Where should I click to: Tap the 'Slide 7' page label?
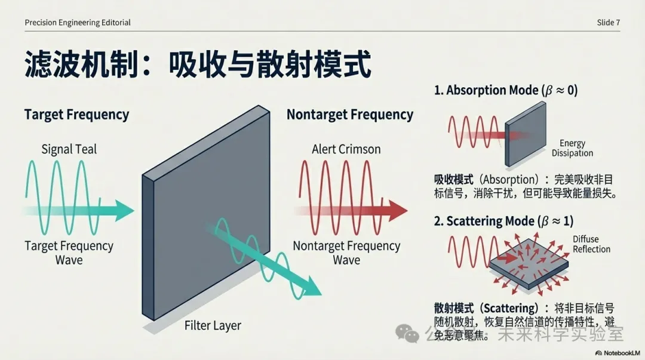[608, 23]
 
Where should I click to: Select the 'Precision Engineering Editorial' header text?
[78, 23]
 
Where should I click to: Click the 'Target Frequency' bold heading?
[76, 115]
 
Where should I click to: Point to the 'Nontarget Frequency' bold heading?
[349, 115]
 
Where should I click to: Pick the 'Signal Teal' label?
[69, 149]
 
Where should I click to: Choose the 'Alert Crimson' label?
[346, 149]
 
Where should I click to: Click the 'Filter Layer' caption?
[213, 325]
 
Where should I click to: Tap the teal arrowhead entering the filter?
[124, 210]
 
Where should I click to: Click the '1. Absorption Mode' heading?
[505, 91]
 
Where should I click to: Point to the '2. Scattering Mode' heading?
[503, 221]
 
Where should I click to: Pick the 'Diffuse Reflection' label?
[591, 244]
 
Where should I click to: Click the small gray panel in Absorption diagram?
[526, 134]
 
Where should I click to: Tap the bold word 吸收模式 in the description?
[454, 179]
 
